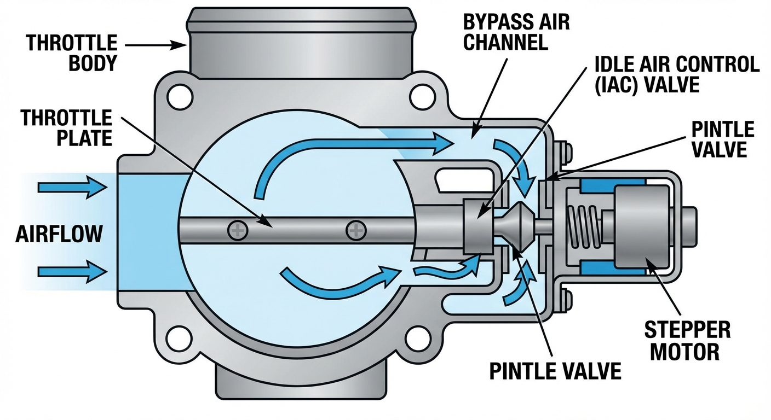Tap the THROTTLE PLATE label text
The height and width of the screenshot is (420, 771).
[67, 127]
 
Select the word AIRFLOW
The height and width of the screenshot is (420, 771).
[59, 234]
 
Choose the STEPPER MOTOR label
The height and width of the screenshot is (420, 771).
[687, 340]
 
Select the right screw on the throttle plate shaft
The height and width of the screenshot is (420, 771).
[355, 230]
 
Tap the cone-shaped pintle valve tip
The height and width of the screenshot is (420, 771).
[518, 225]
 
